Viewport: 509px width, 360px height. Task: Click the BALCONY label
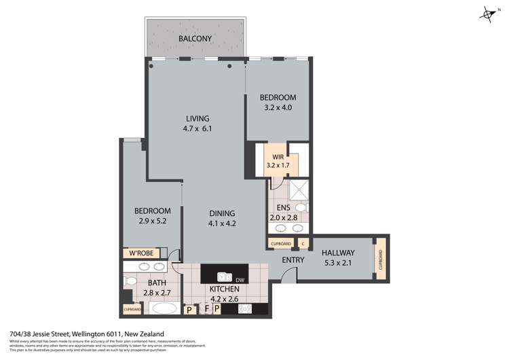(195, 39)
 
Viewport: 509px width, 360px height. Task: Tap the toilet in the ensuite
(303, 207)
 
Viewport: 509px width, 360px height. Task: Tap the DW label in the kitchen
(239, 278)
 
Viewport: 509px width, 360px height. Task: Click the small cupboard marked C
(303, 243)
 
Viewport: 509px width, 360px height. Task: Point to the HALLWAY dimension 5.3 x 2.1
(337, 261)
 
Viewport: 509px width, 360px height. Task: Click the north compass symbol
(487, 13)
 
